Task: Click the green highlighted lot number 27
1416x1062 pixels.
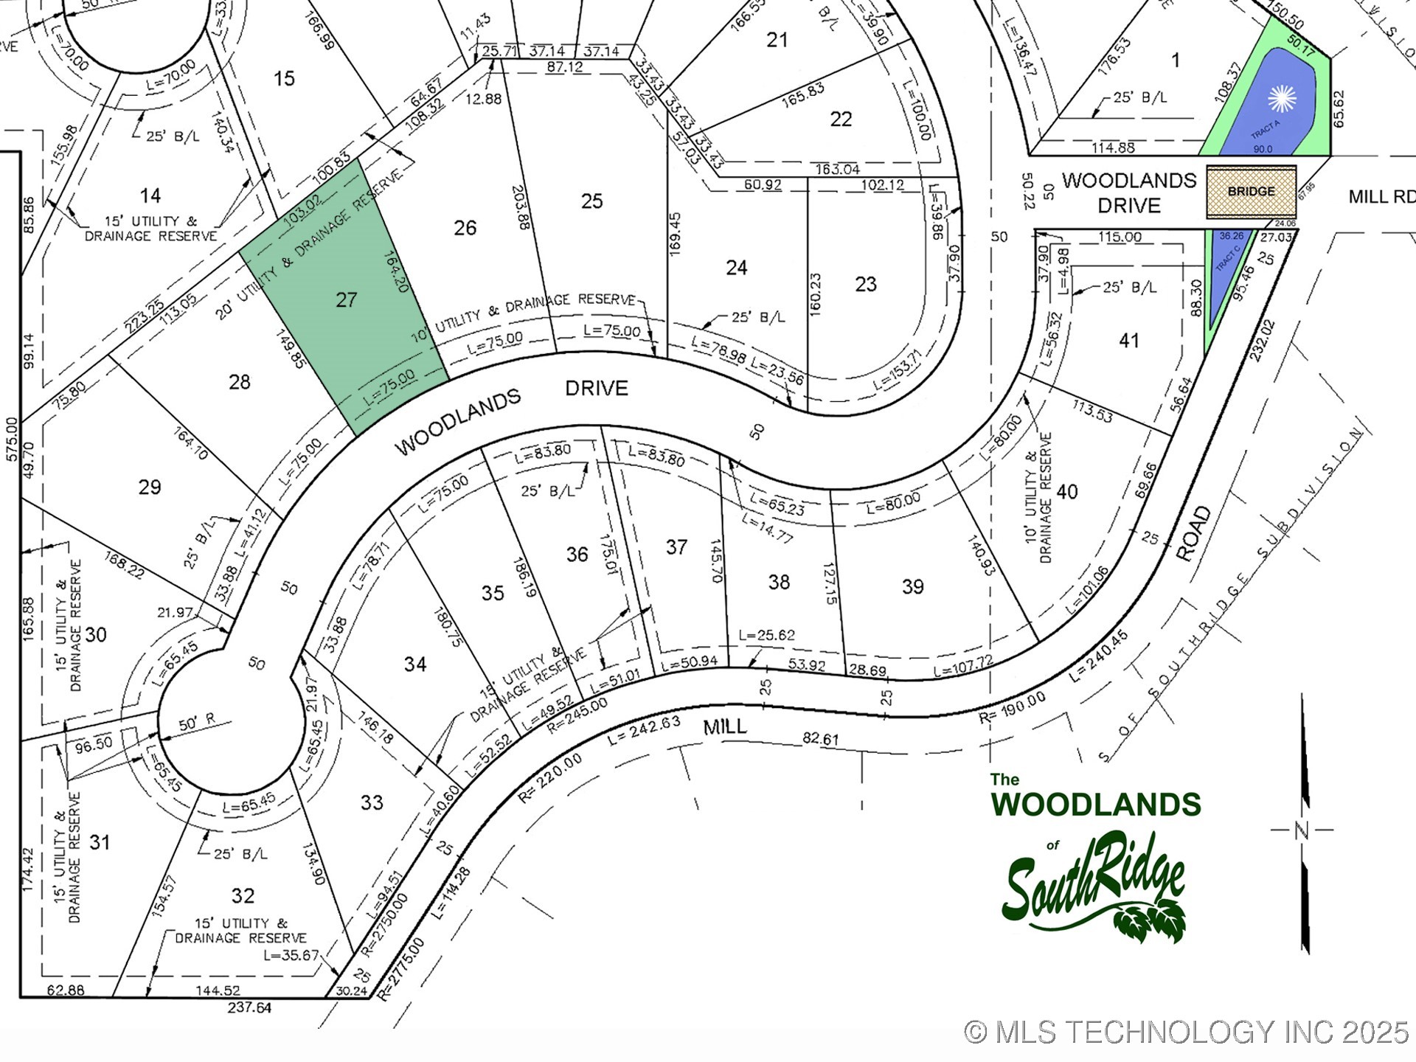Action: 347,299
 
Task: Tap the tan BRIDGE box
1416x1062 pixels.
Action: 1251,192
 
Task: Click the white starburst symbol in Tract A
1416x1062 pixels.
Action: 1282,99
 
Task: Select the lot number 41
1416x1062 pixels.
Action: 1129,341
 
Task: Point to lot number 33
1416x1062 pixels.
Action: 372,802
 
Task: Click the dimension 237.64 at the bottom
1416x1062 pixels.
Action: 249,1007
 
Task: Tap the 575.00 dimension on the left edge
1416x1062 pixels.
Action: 11,440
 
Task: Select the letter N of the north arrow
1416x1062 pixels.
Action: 1302,830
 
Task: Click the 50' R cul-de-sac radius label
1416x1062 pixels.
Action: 197,723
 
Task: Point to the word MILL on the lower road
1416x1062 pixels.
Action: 725,727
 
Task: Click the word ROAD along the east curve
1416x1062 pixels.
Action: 1193,534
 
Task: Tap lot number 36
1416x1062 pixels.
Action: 577,555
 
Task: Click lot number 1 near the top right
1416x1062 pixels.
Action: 1176,60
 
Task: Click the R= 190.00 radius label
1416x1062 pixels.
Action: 1012,708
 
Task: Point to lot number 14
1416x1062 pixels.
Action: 150,195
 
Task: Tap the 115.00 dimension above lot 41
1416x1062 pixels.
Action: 1120,237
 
